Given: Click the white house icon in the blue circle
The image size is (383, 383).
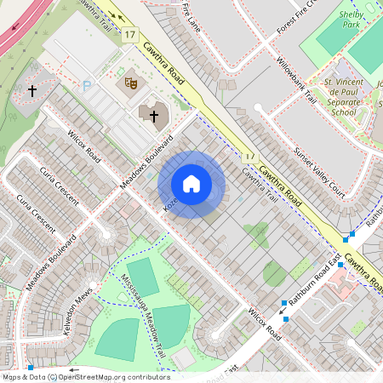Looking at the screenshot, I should coord(191,184).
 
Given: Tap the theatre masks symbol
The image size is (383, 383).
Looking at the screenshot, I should coord(131,83).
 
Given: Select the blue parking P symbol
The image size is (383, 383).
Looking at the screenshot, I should coord(87,86).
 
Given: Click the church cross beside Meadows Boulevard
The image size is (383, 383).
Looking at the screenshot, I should coord(153,115).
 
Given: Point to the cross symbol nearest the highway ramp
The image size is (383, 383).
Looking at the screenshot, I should coord(32,89).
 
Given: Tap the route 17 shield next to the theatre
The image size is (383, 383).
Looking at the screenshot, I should coord(129,34).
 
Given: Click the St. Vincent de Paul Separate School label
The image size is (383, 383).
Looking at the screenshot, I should coord(330,97).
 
